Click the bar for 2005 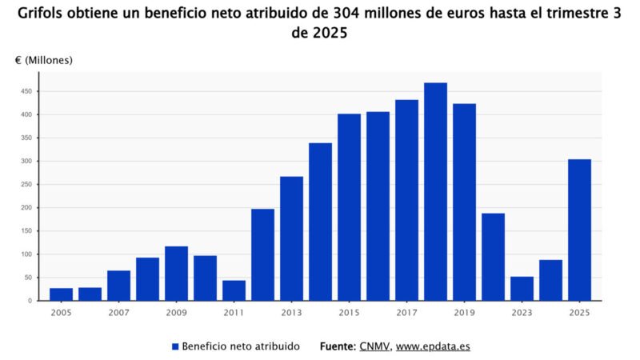[x=61, y=294]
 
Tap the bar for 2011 [x=234, y=290]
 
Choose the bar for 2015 [x=349, y=207]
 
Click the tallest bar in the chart [x=435, y=192]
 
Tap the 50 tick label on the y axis [x=27, y=278]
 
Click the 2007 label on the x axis [x=118, y=313]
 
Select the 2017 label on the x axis [x=406, y=313]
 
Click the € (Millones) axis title [x=43, y=61]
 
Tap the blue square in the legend [x=175, y=346]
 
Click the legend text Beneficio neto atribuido [x=241, y=346]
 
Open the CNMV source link [x=374, y=346]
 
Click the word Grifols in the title [x=41, y=14]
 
